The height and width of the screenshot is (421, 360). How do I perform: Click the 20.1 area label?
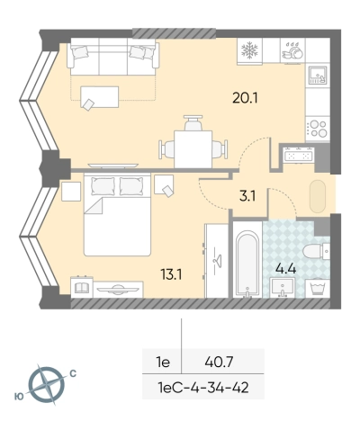pos(245,98)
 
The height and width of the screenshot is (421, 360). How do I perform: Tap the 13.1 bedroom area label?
pos(172,274)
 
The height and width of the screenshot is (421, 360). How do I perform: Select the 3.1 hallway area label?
pos(247,196)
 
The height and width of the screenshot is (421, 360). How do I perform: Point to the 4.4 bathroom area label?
pos(286,269)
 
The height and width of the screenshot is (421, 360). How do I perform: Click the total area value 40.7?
pos(219,363)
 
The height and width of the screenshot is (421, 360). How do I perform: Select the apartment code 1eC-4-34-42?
pos(203,388)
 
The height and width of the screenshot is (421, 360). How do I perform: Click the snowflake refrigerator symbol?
pos(249,50)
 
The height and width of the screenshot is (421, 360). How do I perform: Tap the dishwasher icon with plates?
pos(292,50)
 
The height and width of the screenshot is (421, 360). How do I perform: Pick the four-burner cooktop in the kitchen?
pos(318,129)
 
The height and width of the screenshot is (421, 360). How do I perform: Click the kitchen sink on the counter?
pos(318,76)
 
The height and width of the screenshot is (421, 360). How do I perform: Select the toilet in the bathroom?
pos(316,251)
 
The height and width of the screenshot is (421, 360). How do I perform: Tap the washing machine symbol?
pos(318,288)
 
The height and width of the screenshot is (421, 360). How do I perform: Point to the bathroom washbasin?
pos(282,288)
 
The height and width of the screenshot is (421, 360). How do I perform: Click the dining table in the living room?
pos(193,149)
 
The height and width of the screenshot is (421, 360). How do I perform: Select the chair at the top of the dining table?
pos(193,122)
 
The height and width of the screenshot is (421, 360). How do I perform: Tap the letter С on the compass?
pos(73,373)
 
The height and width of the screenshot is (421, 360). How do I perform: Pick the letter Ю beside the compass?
pos(19,397)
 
